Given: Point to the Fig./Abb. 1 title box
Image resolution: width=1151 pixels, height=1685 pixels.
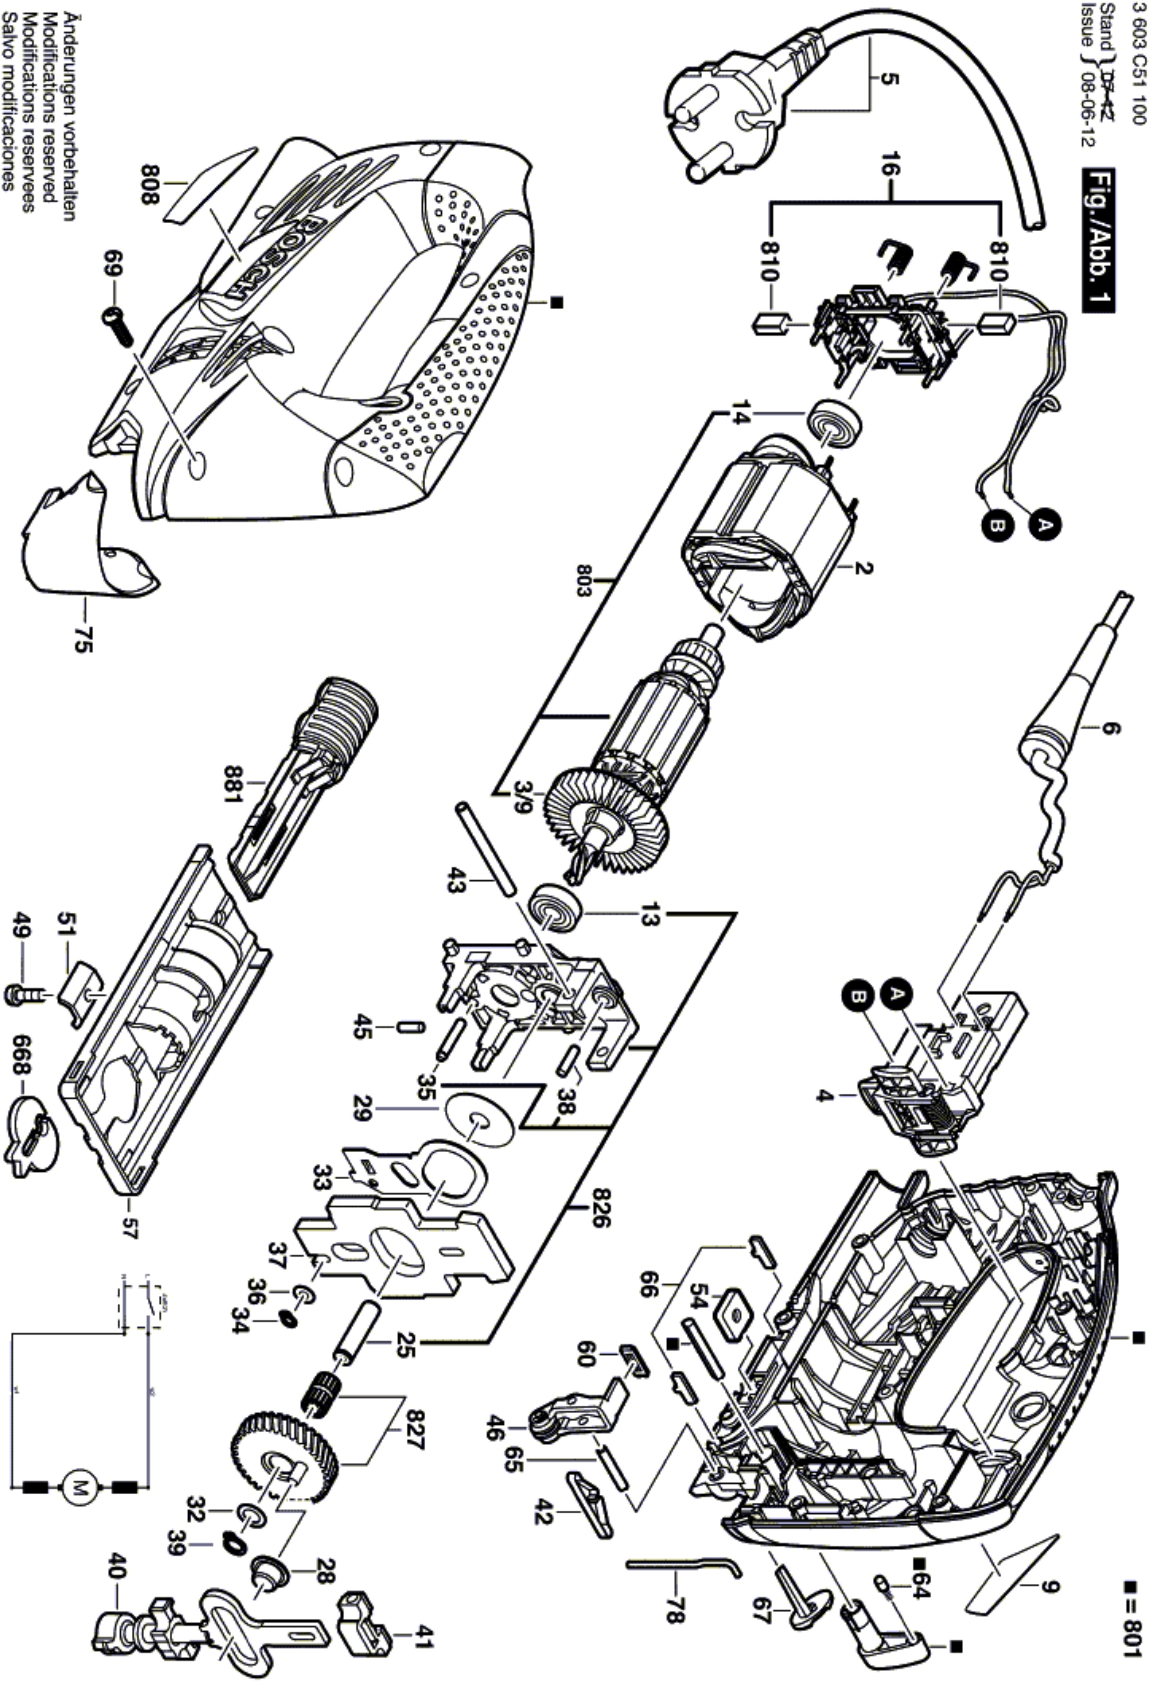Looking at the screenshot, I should [1098, 240].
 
